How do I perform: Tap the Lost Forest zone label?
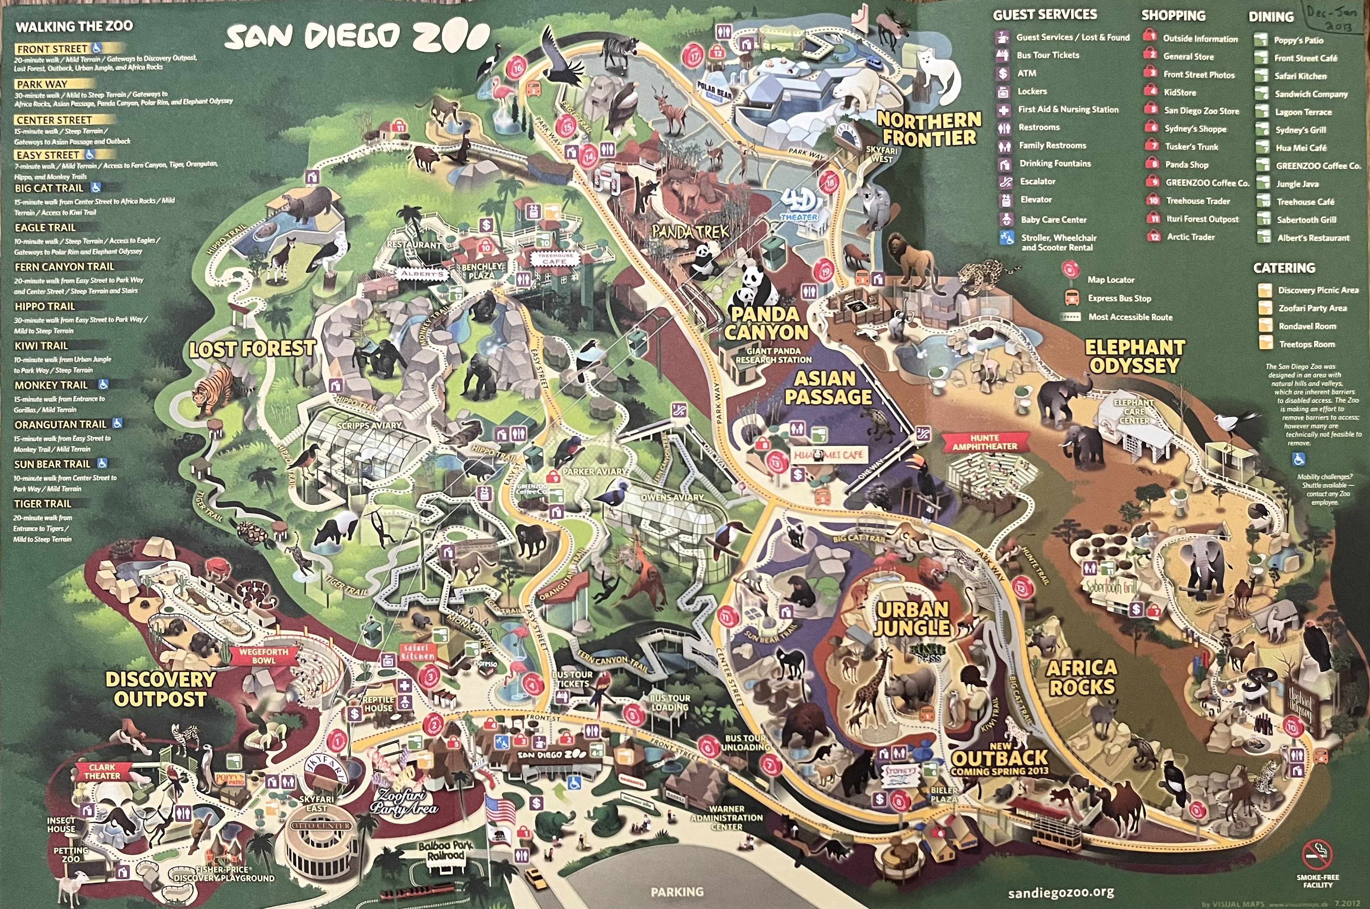click(252, 348)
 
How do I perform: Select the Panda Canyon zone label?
click(766, 324)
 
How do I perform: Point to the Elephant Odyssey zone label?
click(1135, 356)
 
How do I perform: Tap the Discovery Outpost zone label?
click(160, 689)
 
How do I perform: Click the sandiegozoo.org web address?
click(1061, 892)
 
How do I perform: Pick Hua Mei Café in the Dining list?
click(1301, 148)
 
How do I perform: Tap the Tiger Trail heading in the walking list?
click(43, 504)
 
